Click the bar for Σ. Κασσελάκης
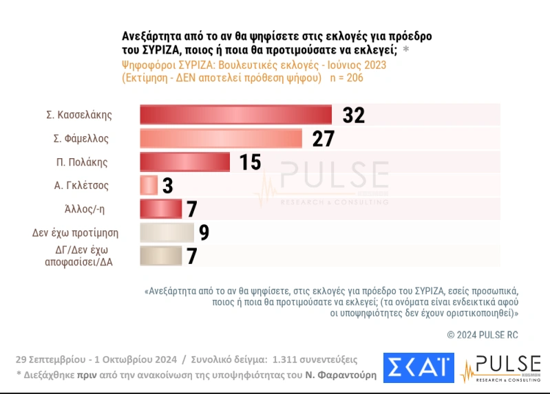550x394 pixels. (x=235, y=115)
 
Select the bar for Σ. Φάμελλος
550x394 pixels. (x=221, y=139)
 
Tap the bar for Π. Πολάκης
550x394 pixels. (x=184, y=162)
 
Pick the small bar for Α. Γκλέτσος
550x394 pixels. (x=149, y=186)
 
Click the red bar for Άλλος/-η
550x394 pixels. (x=160, y=209)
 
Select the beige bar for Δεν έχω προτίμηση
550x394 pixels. (x=167, y=232)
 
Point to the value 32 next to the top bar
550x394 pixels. (x=352, y=115)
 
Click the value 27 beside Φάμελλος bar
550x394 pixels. (x=322, y=139)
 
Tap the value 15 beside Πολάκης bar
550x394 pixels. (x=250, y=162)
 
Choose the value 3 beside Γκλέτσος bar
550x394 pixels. (x=167, y=186)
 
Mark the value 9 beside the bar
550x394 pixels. (x=204, y=232)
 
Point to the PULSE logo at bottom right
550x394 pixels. (x=500, y=369)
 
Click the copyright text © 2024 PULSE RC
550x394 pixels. (x=483, y=334)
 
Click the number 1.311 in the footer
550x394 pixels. (x=286, y=359)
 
